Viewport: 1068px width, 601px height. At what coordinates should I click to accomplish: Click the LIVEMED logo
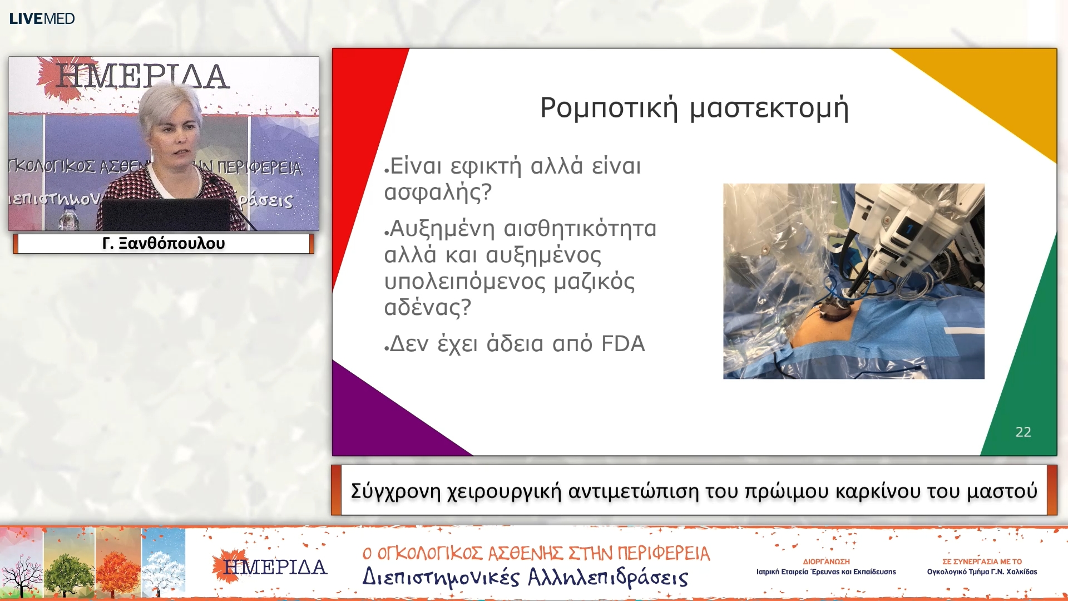point(42,18)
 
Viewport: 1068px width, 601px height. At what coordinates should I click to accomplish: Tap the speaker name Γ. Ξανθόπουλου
point(164,243)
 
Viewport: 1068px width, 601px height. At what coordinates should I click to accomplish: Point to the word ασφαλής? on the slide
point(438,192)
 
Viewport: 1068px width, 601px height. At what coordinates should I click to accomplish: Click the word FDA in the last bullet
point(623,344)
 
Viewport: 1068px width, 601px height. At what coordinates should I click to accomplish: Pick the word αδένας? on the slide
point(427,307)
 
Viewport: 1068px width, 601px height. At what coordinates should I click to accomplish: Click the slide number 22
point(1023,432)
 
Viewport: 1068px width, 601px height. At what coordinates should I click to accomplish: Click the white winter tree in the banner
point(164,563)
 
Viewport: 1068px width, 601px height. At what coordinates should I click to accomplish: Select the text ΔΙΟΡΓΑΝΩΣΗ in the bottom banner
point(826,561)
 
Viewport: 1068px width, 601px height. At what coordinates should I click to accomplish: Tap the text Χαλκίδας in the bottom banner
point(1021,572)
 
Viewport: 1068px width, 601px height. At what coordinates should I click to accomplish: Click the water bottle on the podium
point(69,218)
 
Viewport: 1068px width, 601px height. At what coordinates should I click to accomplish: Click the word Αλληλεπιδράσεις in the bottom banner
point(607,578)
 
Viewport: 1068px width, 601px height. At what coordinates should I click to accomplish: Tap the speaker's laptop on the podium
point(166,214)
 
